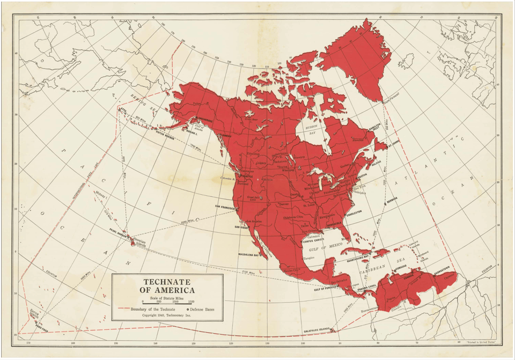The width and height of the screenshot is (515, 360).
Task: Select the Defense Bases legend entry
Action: click(202, 309)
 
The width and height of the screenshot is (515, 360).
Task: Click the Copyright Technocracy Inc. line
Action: click(167, 315)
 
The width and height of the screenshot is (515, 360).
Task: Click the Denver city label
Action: click(284, 204)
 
